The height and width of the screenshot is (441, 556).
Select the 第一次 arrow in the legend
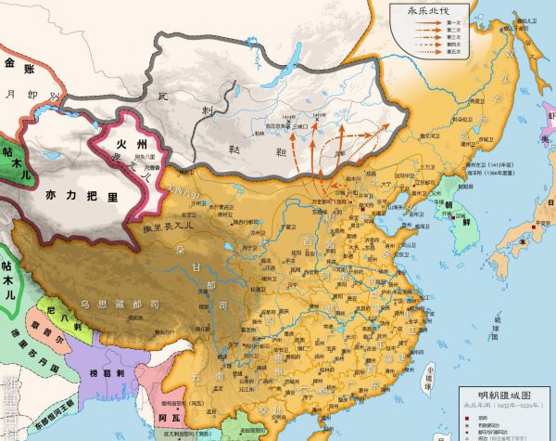416,22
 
